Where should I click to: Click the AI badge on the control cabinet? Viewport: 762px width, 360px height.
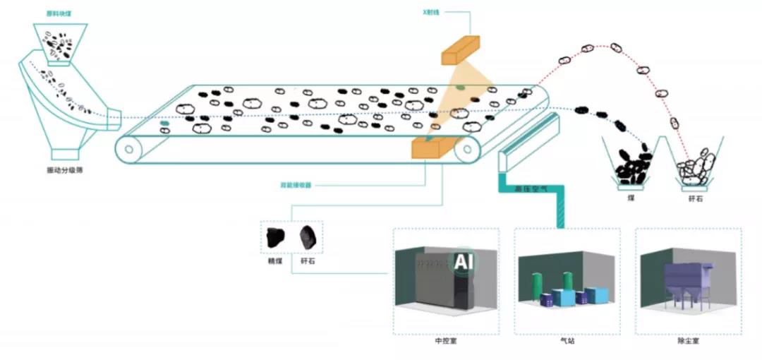463,263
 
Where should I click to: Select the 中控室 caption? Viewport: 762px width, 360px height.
445,340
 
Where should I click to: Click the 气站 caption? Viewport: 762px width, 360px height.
567,340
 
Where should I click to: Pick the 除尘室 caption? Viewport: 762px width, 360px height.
688,340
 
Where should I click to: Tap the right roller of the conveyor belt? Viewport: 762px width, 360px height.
466,150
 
